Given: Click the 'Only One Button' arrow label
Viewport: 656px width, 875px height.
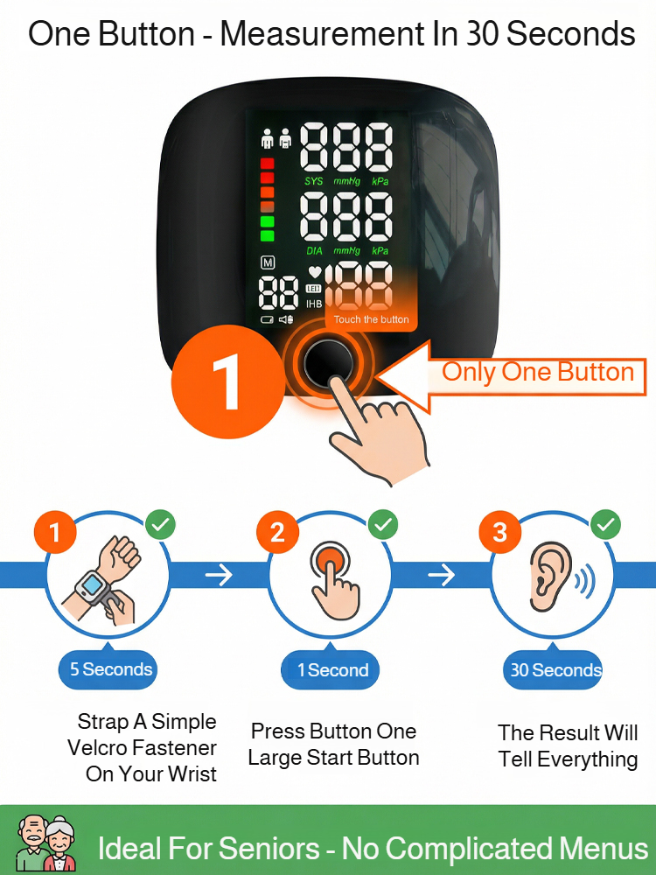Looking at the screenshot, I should tap(537, 372).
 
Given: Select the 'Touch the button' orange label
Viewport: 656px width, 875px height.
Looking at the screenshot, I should tap(371, 319).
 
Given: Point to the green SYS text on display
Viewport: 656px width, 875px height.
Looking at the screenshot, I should tap(313, 181).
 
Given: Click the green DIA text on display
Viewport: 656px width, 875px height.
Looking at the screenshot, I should tap(314, 251).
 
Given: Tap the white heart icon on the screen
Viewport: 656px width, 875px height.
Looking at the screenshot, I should tap(315, 273).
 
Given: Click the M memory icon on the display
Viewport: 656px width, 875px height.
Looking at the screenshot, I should tap(268, 262).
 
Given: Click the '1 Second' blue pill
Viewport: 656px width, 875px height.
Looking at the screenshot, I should tap(332, 671).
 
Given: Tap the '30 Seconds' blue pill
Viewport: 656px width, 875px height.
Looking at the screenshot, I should tap(555, 671).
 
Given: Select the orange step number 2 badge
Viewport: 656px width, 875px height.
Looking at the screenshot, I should tap(277, 533).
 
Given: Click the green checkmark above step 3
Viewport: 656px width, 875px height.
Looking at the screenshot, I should tap(605, 526).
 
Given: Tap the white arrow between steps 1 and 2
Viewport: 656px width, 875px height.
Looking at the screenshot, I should tap(220, 574).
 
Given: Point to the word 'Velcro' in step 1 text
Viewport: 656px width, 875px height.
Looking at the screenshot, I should tap(97, 748).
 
